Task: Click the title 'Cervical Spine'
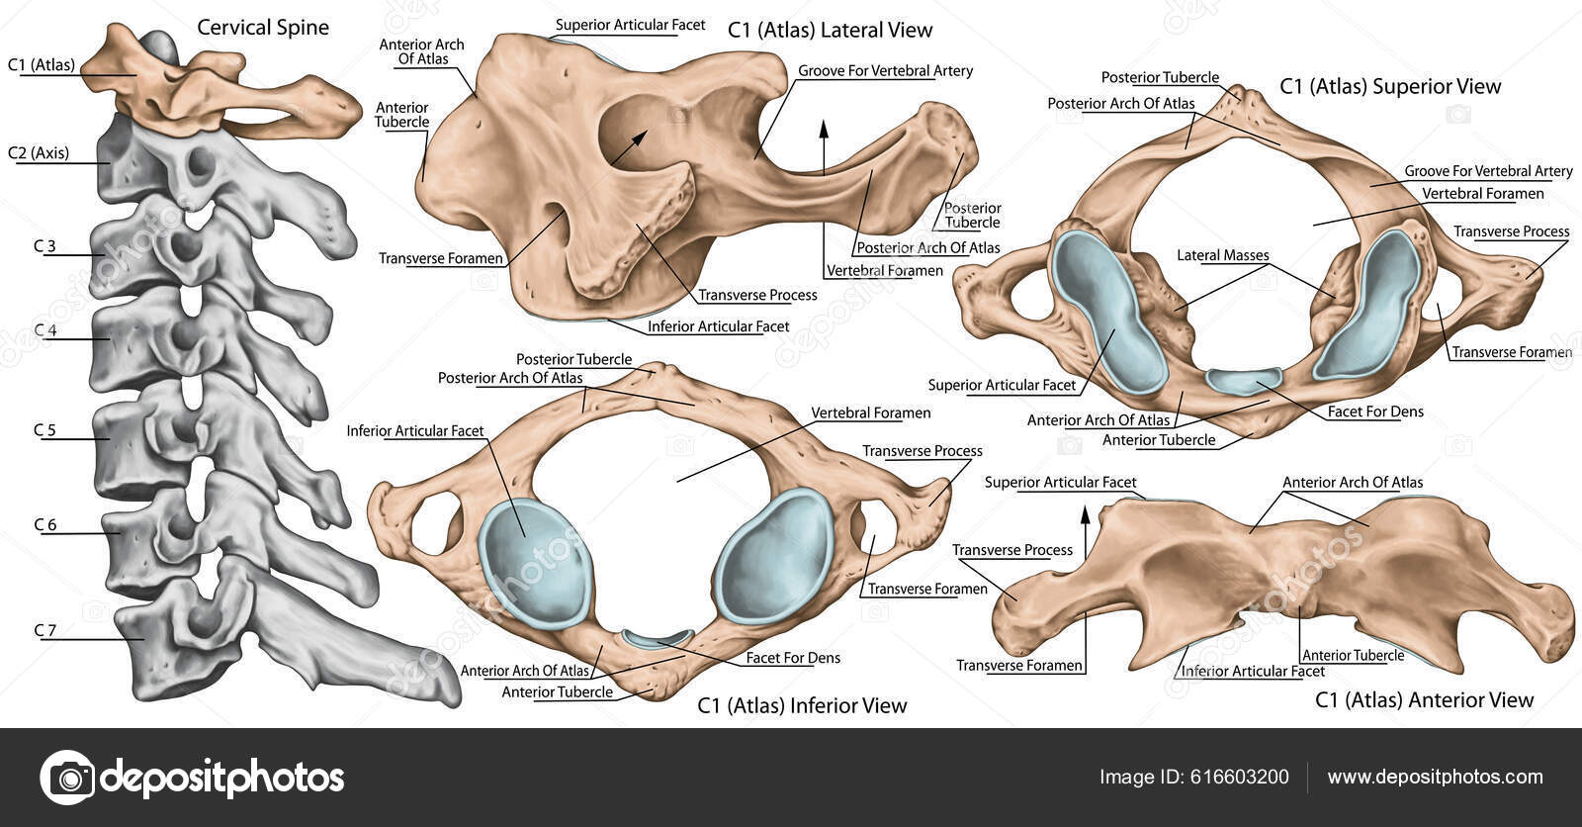click(263, 27)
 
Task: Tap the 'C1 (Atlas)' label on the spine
click(42, 65)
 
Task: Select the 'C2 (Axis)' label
click(39, 152)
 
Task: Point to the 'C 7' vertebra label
click(44, 630)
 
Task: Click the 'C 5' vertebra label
click(44, 430)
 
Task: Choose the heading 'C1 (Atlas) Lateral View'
click(830, 31)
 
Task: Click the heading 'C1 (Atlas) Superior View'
click(1390, 87)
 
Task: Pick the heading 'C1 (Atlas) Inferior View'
click(802, 705)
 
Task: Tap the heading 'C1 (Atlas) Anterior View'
click(1424, 700)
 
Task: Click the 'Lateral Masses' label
click(1222, 255)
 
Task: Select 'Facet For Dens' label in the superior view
click(1375, 412)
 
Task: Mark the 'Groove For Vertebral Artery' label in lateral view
click(885, 71)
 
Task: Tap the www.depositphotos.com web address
click(1435, 777)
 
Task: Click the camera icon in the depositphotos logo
click(67, 777)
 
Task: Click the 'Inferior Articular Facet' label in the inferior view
click(415, 431)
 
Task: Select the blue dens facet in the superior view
click(1244, 380)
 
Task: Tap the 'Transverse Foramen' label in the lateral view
click(441, 259)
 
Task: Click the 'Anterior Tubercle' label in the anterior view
click(1353, 655)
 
